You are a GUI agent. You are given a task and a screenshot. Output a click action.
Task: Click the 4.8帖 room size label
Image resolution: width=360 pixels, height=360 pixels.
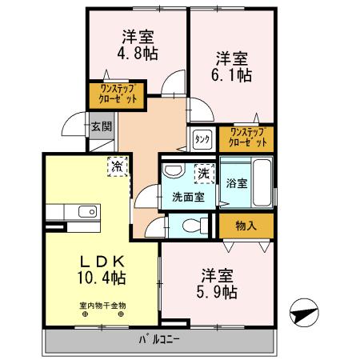[x=138, y=54]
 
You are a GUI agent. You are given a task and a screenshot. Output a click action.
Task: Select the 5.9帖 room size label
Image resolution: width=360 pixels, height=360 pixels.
[x=218, y=293]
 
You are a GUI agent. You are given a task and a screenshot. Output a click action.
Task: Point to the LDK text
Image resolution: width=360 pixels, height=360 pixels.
[x=102, y=262]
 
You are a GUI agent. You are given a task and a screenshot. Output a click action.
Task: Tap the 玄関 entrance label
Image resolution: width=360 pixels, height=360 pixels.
[x=100, y=126]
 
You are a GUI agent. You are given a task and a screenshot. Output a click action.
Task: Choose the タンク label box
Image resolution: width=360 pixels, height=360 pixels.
[x=202, y=139]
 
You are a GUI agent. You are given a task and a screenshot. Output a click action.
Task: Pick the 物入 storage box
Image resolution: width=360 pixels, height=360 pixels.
[x=246, y=226]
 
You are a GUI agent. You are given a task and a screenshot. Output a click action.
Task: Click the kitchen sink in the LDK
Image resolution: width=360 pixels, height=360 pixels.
[x=86, y=212]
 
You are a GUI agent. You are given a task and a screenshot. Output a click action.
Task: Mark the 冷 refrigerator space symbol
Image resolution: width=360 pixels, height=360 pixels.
[x=118, y=166]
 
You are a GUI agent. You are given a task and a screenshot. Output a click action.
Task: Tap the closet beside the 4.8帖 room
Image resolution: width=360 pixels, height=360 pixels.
[x=118, y=94]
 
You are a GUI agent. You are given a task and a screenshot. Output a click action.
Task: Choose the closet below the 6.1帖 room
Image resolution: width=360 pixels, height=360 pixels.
[x=246, y=137]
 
